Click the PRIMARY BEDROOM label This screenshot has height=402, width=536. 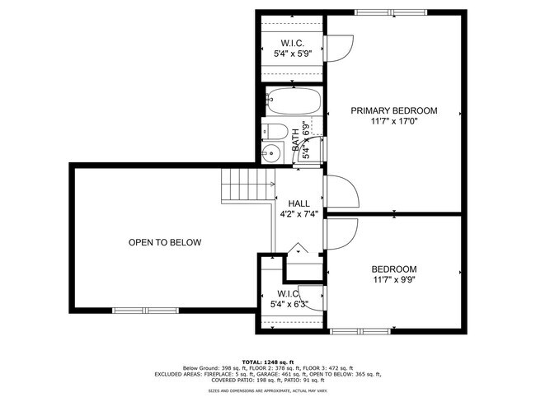pos(393,110)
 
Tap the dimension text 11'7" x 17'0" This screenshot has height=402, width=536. pos(393,122)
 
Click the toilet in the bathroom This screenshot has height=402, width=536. pos(275,132)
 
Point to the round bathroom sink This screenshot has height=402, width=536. pos(271,152)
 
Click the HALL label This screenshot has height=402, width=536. pos(299,203)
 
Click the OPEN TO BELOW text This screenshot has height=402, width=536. pos(165,242)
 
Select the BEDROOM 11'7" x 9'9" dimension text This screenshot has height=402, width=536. pos(393,280)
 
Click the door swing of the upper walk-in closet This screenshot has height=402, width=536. pos(341,48)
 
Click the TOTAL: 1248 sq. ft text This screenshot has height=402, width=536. pos(267,362)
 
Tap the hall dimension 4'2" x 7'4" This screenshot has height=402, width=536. pos(299,213)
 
